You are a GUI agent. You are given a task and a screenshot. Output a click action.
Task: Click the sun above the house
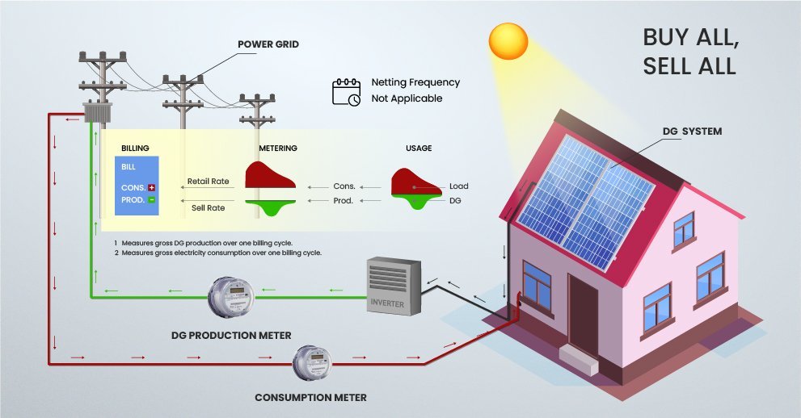(508, 41)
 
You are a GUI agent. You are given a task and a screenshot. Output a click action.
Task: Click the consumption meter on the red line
(311, 364)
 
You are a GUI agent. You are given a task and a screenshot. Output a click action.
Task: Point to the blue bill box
(137, 185)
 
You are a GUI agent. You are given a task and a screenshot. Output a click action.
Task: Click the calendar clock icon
(347, 91)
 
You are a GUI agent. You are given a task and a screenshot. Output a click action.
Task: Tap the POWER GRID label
(268, 44)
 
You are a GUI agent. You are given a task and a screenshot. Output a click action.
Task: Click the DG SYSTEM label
(689, 131)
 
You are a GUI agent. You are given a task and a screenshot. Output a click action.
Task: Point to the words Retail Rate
(208, 181)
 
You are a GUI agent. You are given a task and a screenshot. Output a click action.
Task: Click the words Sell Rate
(208, 207)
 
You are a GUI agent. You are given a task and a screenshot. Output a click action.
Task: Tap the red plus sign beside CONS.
(151, 187)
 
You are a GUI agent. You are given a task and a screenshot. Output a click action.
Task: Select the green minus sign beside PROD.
(151, 199)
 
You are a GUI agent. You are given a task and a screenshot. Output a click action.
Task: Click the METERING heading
(278, 148)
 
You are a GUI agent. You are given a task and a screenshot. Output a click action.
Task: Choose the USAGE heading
(419, 148)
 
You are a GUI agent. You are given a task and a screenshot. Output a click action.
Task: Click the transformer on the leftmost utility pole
(97, 112)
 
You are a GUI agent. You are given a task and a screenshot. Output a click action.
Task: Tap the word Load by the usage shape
(458, 186)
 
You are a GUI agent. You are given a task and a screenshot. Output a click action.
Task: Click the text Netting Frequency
(415, 82)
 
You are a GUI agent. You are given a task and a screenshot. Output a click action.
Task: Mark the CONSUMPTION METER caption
(310, 397)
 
